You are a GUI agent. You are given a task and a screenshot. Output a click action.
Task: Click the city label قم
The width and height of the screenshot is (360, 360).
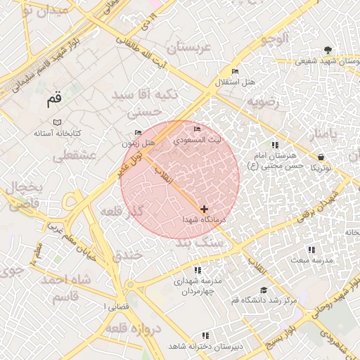click(x=55, y=100)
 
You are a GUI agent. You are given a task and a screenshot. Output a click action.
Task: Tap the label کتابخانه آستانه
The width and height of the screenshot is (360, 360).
click(x=58, y=133)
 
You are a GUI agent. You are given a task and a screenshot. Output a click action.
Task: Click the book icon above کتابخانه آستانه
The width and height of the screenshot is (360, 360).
click(x=57, y=122)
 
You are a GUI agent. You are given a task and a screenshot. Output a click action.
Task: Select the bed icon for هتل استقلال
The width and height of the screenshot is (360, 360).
click(x=235, y=72)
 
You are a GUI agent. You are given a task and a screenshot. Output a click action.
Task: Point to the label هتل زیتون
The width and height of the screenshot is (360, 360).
click(x=137, y=143)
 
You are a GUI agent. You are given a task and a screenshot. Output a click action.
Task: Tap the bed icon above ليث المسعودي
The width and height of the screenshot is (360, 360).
click(x=197, y=129)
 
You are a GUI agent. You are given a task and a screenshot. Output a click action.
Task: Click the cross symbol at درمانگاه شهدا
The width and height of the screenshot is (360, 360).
click(x=204, y=209)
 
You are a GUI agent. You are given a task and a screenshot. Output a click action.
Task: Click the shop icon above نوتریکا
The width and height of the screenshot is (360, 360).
click(x=321, y=157)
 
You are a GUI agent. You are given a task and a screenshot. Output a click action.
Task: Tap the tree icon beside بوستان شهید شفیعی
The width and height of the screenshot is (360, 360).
click(x=328, y=50)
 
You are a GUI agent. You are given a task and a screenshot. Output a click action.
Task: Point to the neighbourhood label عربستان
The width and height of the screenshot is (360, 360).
click(x=188, y=48)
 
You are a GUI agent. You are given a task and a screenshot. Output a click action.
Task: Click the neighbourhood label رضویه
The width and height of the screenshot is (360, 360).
click(x=262, y=102)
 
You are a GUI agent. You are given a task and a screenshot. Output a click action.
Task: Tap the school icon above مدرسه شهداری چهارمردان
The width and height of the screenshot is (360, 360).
click(x=198, y=270)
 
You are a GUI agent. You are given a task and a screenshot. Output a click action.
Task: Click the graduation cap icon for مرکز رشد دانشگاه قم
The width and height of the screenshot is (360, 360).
click(x=264, y=290)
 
